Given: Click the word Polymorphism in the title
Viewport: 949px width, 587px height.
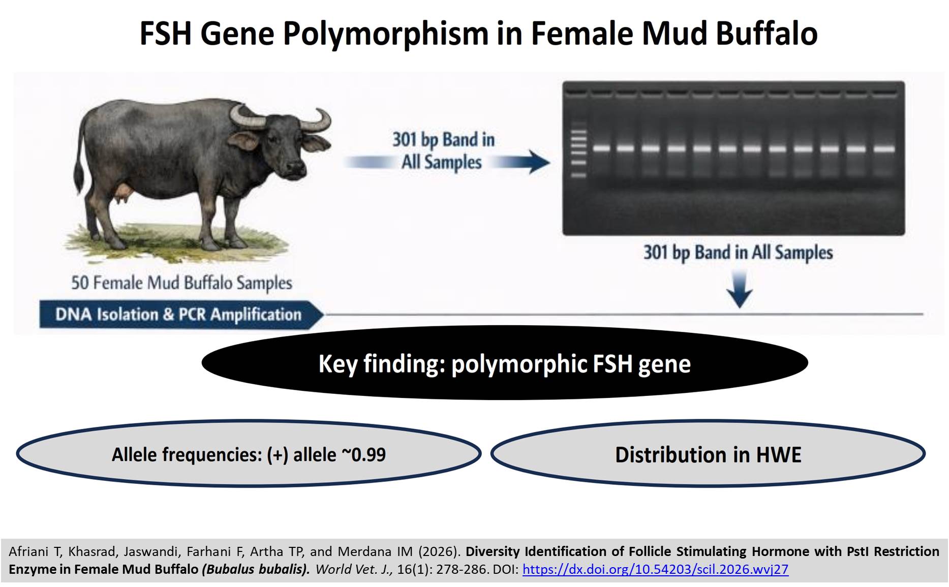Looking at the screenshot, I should [x=386, y=35].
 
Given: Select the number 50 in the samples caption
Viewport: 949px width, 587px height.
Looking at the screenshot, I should [x=80, y=283].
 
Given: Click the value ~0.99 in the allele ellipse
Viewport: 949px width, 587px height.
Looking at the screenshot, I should [x=364, y=454].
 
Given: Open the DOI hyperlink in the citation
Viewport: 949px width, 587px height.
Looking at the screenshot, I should [x=655, y=569].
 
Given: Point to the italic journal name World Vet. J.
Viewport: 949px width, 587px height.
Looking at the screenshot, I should [x=354, y=569].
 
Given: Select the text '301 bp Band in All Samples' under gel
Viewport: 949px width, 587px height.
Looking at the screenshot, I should [x=738, y=253].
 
